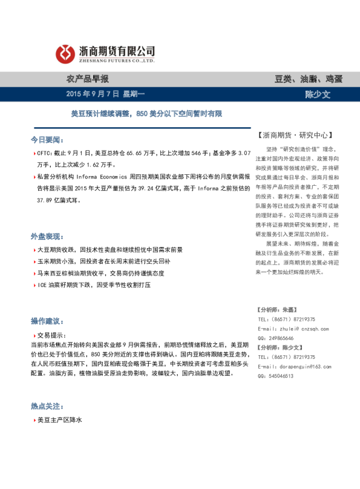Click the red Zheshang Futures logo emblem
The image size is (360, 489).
[x=65, y=54]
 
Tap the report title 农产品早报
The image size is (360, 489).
[x=87, y=79]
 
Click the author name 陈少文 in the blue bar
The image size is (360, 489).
[x=317, y=94]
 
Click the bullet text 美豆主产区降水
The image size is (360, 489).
[x=59, y=419]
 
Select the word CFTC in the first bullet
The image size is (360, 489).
[x=45, y=154]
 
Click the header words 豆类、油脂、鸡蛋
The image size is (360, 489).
[x=309, y=79]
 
